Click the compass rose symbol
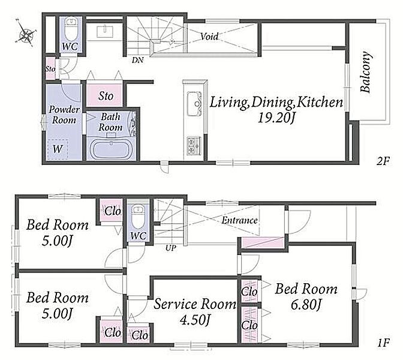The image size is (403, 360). (26, 33)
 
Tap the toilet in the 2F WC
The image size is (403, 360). (70, 29)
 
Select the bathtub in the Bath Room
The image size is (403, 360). (110, 150)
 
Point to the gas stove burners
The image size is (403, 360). (194, 146)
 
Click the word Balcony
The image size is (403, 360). (365, 72)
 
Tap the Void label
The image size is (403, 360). (209, 36)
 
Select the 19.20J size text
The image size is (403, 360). (276, 118)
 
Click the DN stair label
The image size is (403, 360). (137, 60)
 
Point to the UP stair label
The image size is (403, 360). (171, 248)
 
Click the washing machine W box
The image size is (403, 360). (58, 149)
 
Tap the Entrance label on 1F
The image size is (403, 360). (239, 220)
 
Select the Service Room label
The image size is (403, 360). (194, 304)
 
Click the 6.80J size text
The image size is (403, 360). (306, 305)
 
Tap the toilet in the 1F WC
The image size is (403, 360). (139, 216)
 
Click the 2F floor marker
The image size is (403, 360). (383, 161)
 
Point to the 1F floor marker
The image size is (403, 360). (383, 343)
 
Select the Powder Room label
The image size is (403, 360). (64, 115)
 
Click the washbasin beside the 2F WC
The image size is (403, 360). (104, 32)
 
